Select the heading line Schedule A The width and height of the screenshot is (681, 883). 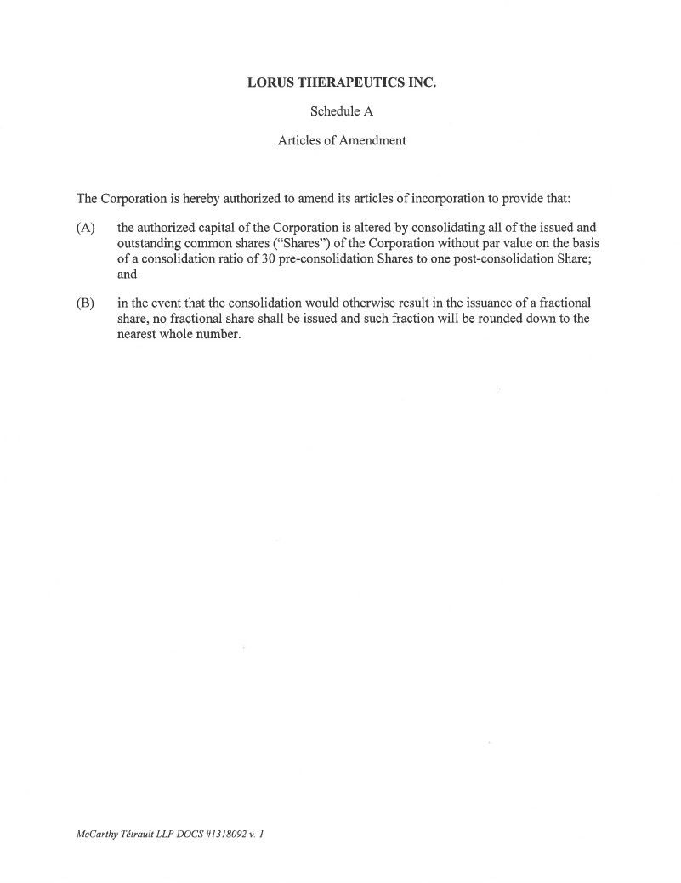click(x=341, y=111)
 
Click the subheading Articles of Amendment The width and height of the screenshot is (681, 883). click(x=341, y=140)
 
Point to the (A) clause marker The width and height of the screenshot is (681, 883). click(x=85, y=228)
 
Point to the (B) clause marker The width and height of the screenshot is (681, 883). click(x=85, y=303)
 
